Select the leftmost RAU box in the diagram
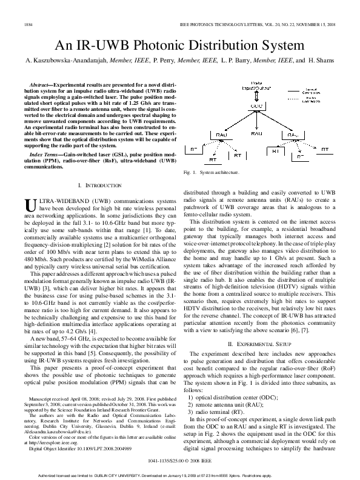(221, 135)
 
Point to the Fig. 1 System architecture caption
(211, 173)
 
